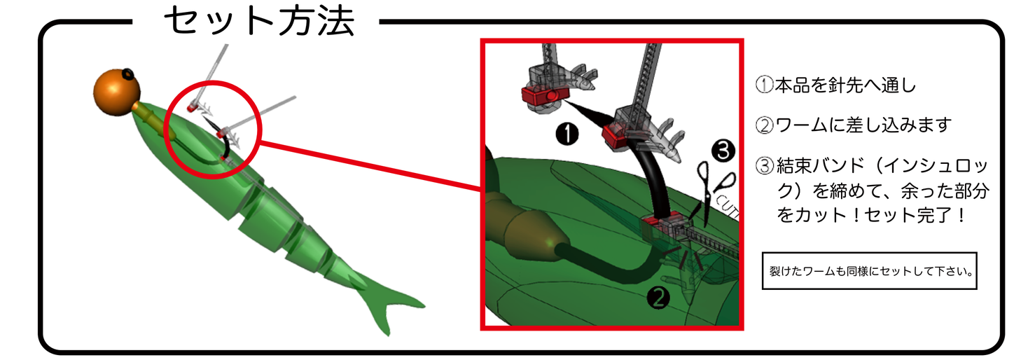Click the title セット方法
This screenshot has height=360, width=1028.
pyautogui.click(x=259, y=21)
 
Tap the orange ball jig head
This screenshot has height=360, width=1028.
pyautogui.click(x=116, y=92)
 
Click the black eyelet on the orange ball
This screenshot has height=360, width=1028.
pyautogui.click(x=127, y=74)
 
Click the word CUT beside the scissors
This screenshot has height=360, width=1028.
pyautogui.click(x=728, y=204)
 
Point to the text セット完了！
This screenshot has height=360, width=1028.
pyautogui.click(x=910, y=214)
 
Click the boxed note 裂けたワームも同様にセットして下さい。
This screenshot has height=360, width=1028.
pyautogui.click(x=868, y=271)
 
